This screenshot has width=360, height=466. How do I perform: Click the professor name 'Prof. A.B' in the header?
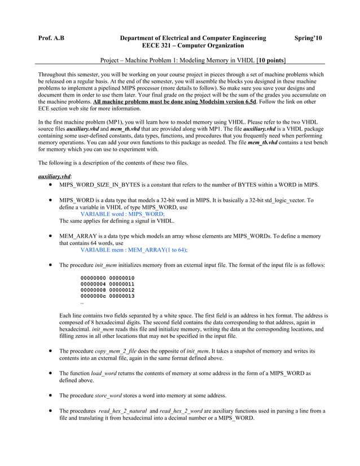tap(51, 38)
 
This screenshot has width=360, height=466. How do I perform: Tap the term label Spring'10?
tap(309, 38)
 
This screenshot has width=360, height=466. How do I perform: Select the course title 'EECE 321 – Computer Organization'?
tap(193, 45)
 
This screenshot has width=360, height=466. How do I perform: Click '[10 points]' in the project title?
tap(271, 59)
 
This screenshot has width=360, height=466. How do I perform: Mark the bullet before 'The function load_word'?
tap(52, 373)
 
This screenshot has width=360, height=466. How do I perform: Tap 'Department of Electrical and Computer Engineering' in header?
tap(194, 38)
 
